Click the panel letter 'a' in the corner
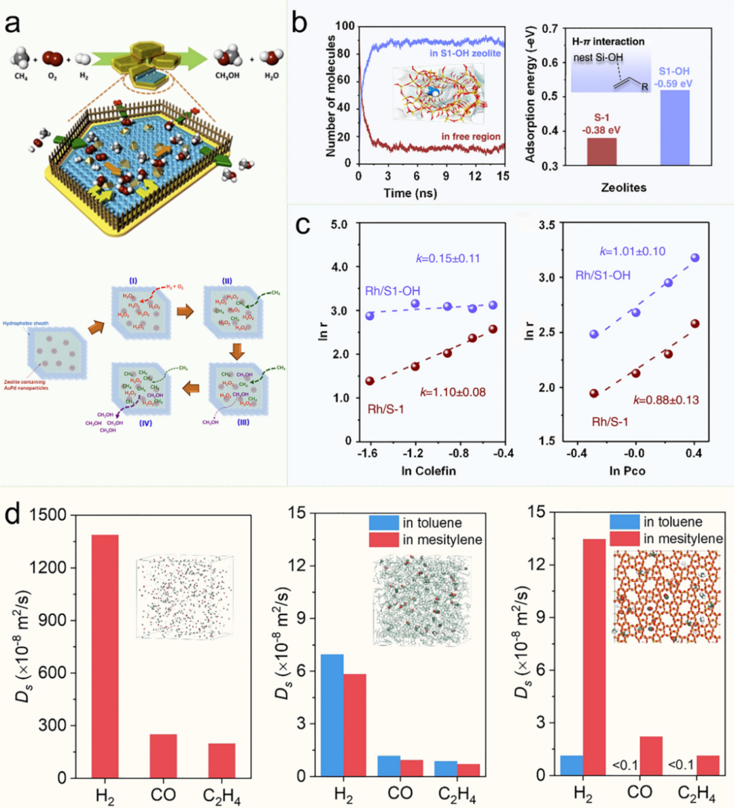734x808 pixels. pos(12,24)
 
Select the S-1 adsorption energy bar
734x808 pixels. pos(601,152)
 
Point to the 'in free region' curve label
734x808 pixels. pos(471,137)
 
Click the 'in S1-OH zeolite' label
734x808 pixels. pos(465,53)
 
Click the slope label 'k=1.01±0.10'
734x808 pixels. pos(632,251)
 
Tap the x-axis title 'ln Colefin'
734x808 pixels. pos(428,470)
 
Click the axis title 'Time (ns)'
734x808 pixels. pos(410,193)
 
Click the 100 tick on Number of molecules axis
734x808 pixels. pos(345,26)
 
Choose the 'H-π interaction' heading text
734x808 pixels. pos(608,41)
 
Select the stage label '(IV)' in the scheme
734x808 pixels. pos(145,423)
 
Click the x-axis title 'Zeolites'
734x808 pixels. pos(623,187)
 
